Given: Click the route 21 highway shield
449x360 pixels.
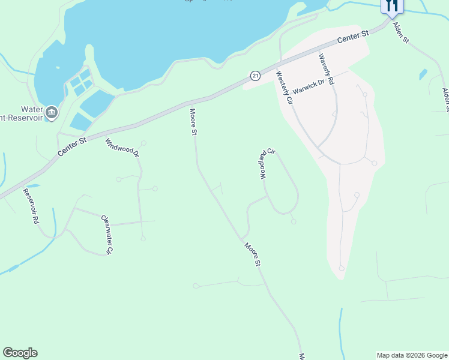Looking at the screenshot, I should click(x=255, y=76).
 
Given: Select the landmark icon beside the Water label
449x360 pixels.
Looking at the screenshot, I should click(x=51, y=112).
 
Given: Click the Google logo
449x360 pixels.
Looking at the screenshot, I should click(x=20, y=353).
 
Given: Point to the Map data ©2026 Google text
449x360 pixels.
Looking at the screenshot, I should click(x=412, y=355).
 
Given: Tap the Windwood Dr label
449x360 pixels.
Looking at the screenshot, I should click(x=122, y=148).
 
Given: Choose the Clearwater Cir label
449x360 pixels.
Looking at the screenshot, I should click(x=107, y=235).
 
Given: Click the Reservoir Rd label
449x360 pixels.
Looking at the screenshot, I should click(x=31, y=206).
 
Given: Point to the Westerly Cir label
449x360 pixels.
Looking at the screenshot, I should click(x=283, y=89).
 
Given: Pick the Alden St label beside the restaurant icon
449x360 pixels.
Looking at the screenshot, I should click(x=400, y=32).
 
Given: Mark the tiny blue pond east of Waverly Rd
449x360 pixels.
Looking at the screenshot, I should click(x=423, y=74).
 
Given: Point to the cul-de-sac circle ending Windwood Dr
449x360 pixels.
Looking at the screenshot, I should click(x=144, y=143).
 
